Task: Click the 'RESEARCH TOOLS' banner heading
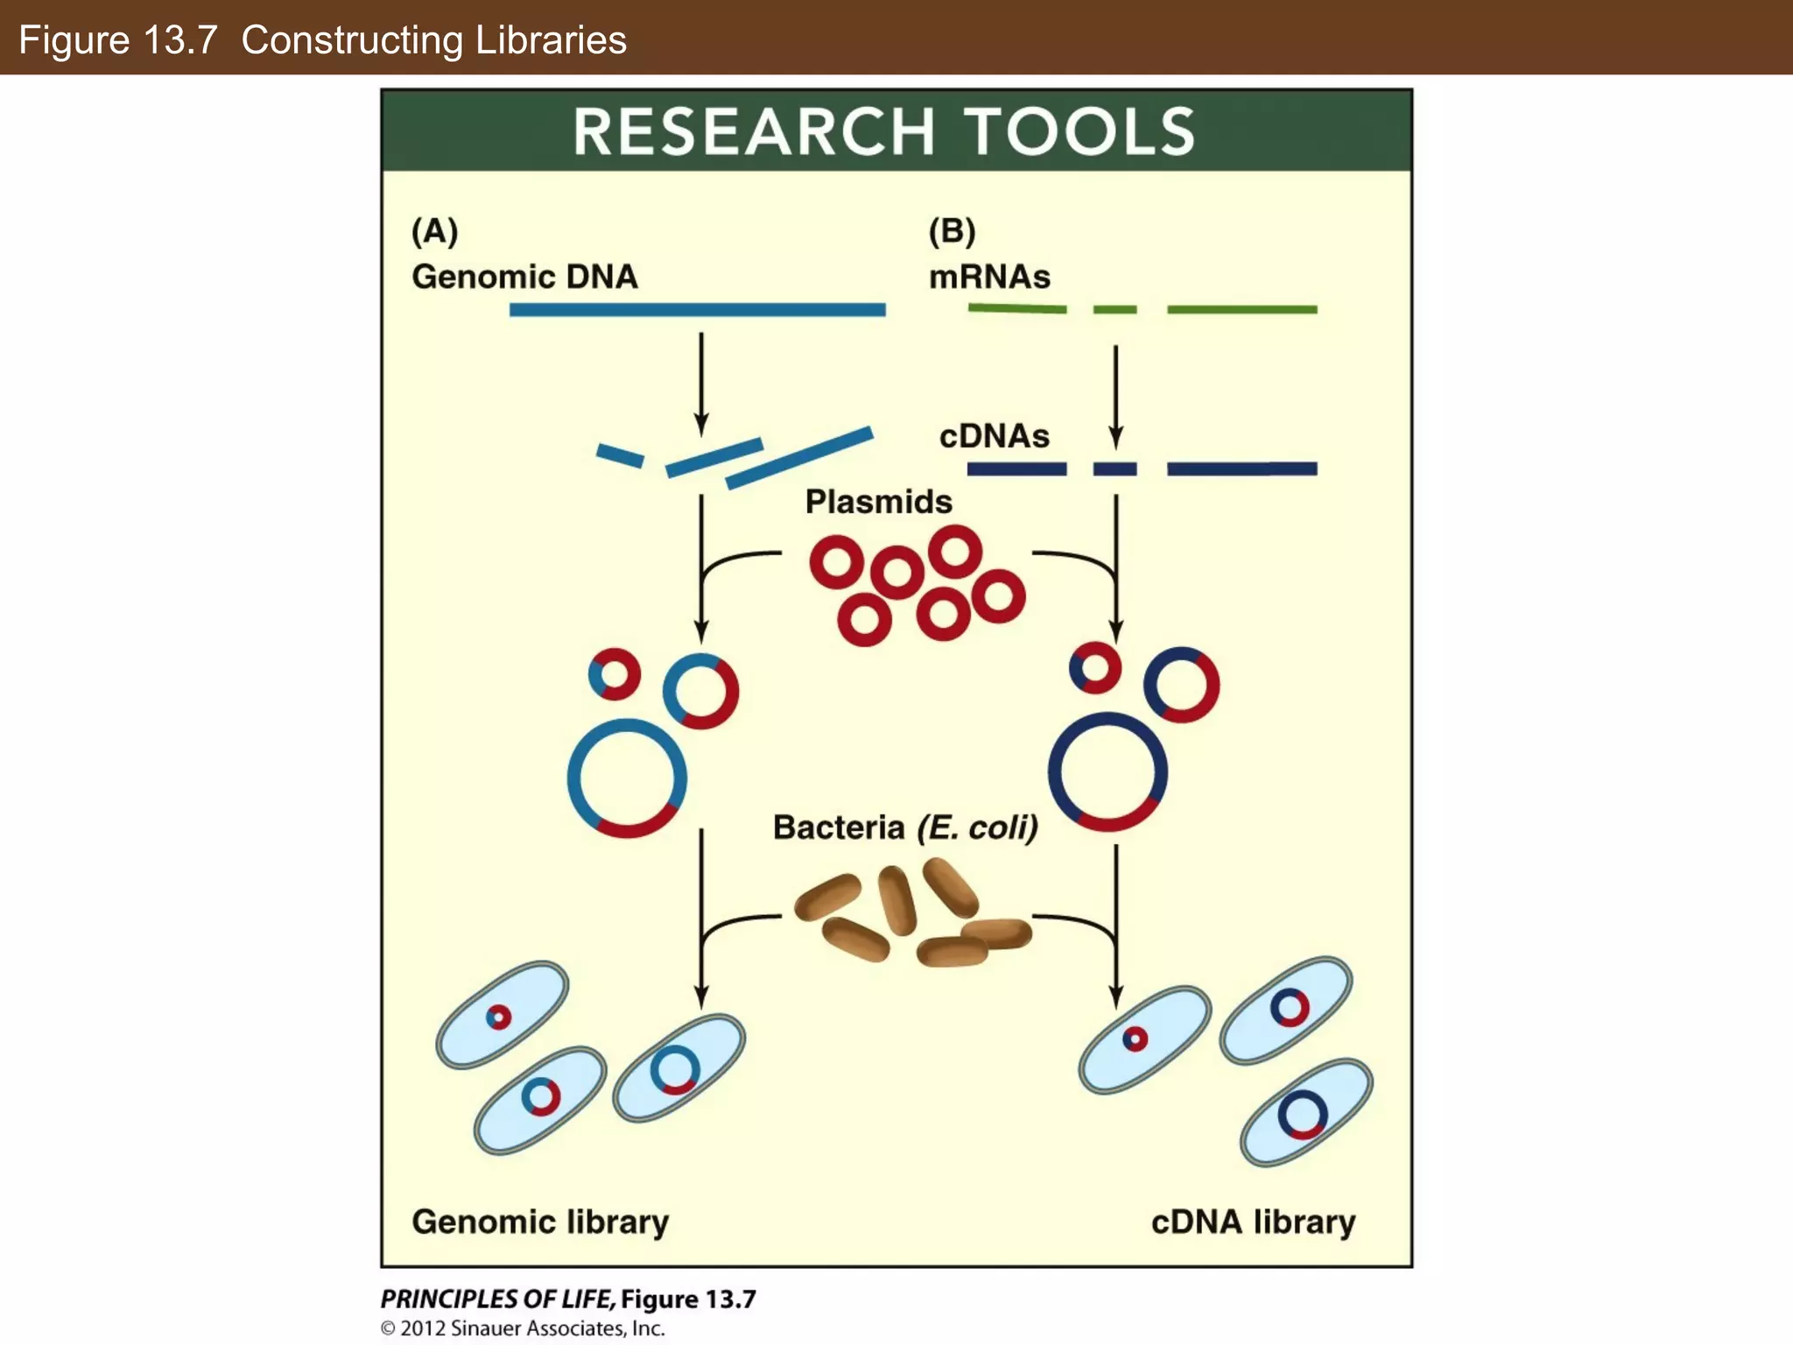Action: tap(884, 132)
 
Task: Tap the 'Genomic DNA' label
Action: tap(524, 277)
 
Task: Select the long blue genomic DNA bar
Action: tap(697, 309)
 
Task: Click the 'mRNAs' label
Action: tap(989, 277)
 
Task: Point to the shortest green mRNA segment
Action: tap(1114, 309)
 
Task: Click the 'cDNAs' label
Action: tap(994, 436)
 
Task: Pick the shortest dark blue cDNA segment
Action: tap(1114, 469)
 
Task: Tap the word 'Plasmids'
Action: tap(878, 502)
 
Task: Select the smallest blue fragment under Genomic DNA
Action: tap(620, 455)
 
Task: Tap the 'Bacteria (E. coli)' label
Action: tap(905, 827)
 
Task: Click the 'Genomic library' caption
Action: tap(540, 1222)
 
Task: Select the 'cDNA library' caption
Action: tap(1253, 1222)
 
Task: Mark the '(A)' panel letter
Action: tap(435, 231)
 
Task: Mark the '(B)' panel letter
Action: tap(952, 231)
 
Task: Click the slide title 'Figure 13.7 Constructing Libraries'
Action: tap(322, 40)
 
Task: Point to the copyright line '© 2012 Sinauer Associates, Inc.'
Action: tap(523, 1328)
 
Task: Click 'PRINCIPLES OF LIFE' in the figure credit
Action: tap(497, 1299)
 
